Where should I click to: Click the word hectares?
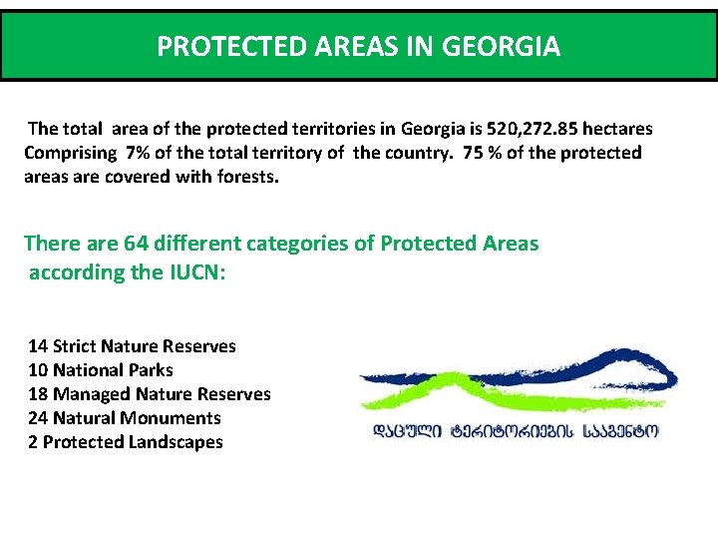pyautogui.click(x=617, y=129)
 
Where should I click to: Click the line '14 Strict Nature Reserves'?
pyautogui.click(x=132, y=346)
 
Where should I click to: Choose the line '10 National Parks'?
pyautogui.click(x=100, y=370)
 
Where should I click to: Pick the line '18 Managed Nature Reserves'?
pyautogui.click(x=149, y=394)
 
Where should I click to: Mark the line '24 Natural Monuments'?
pyautogui.click(x=124, y=418)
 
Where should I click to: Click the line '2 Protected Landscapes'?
pyautogui.click(x=125, y=442)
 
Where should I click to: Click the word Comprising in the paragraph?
pyautogui.click(x=69, y=153)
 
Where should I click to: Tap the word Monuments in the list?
pyautogui.click(x=171, y=418)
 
